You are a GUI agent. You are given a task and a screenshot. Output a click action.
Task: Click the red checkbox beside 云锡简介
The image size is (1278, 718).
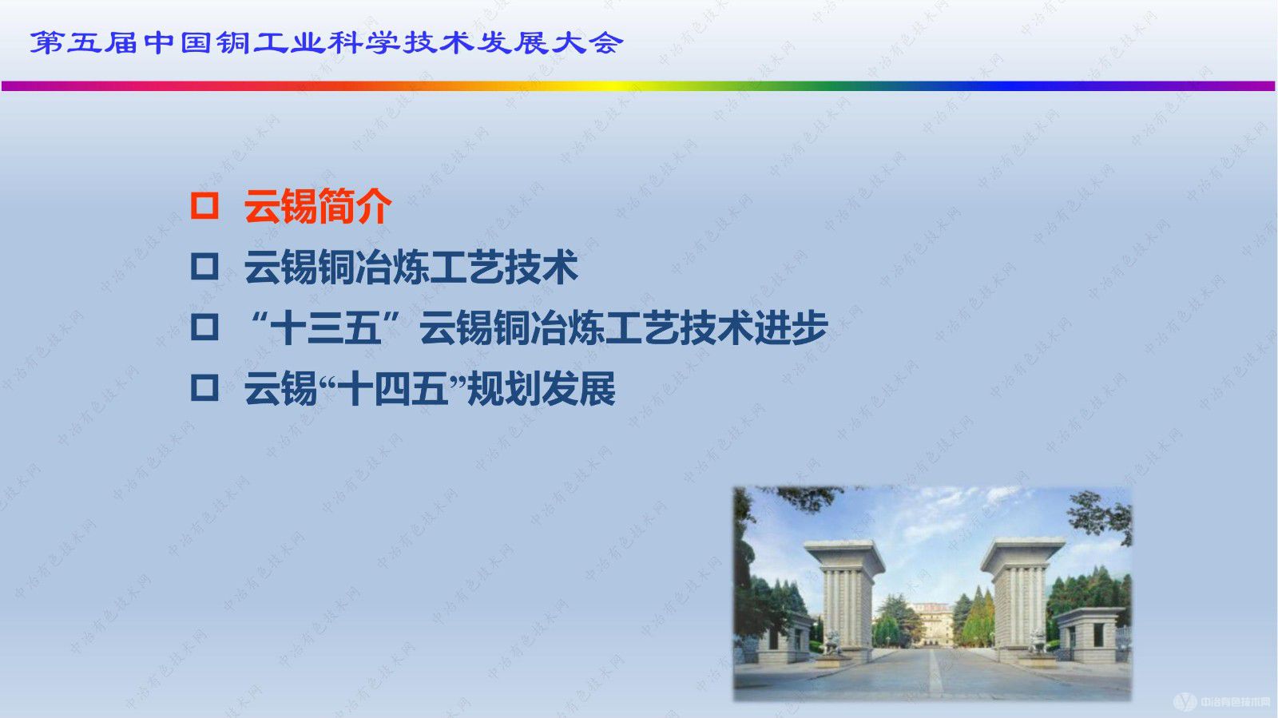click(204, 206)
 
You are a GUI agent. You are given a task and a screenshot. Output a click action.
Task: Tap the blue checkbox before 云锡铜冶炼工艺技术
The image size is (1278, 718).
click(204, 266)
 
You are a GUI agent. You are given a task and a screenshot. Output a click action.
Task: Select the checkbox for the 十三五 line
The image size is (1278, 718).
click(204, 327)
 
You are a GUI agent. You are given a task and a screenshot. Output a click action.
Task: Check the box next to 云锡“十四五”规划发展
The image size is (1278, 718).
click(204, 388)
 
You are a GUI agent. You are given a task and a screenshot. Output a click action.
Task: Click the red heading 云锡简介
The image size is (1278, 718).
click(318, 206)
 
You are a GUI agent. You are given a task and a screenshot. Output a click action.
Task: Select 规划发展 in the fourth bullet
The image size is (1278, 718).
click(541, 390)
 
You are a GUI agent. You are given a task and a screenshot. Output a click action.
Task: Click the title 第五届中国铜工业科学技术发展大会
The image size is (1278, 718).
click(326, 42)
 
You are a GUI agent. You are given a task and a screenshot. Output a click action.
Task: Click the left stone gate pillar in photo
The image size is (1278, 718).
click(843, 595)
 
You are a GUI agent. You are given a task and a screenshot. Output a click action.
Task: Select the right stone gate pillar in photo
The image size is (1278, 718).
click(1021, 595)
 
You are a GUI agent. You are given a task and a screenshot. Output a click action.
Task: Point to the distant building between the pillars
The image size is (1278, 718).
click(931, 623)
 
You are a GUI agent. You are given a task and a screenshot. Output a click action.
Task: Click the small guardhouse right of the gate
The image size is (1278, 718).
click(1088, 635)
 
